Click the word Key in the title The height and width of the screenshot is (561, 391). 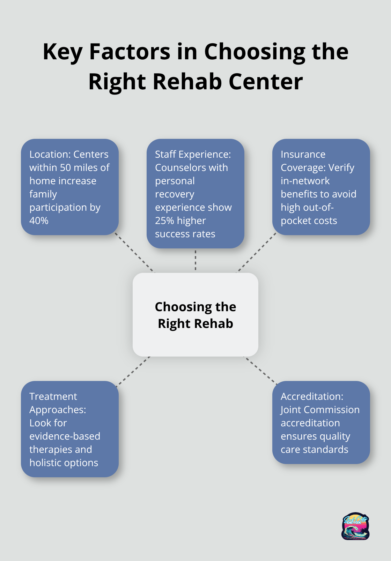(62, 52)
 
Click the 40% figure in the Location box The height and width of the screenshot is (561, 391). (39, 221)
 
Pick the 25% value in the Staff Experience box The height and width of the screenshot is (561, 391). (164, 221)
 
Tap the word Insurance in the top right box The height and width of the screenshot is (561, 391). (303, 155)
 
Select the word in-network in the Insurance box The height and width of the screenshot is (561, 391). (305, 181)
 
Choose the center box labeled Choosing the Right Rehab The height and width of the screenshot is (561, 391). (195, 315)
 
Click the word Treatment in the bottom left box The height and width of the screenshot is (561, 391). (53, 397)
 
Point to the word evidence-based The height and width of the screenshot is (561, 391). (65, 436)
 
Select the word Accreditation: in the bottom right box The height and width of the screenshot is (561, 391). (312, 397)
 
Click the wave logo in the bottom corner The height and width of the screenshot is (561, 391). (355, 526)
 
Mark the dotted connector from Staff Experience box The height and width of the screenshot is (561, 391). (195, 260)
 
